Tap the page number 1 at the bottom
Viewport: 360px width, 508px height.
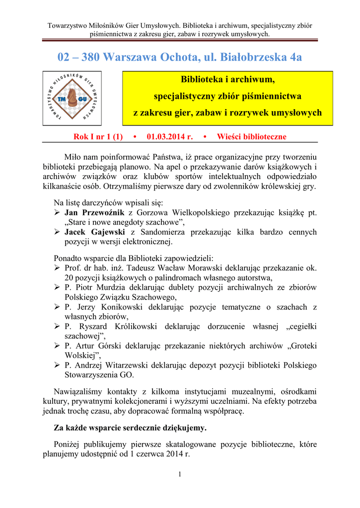coord(180,475)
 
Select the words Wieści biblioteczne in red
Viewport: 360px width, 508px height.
coord(252,136)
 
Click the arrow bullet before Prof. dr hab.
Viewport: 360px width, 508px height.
coord(57,268)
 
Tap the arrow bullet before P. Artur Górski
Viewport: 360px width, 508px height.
coord(57,346)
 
